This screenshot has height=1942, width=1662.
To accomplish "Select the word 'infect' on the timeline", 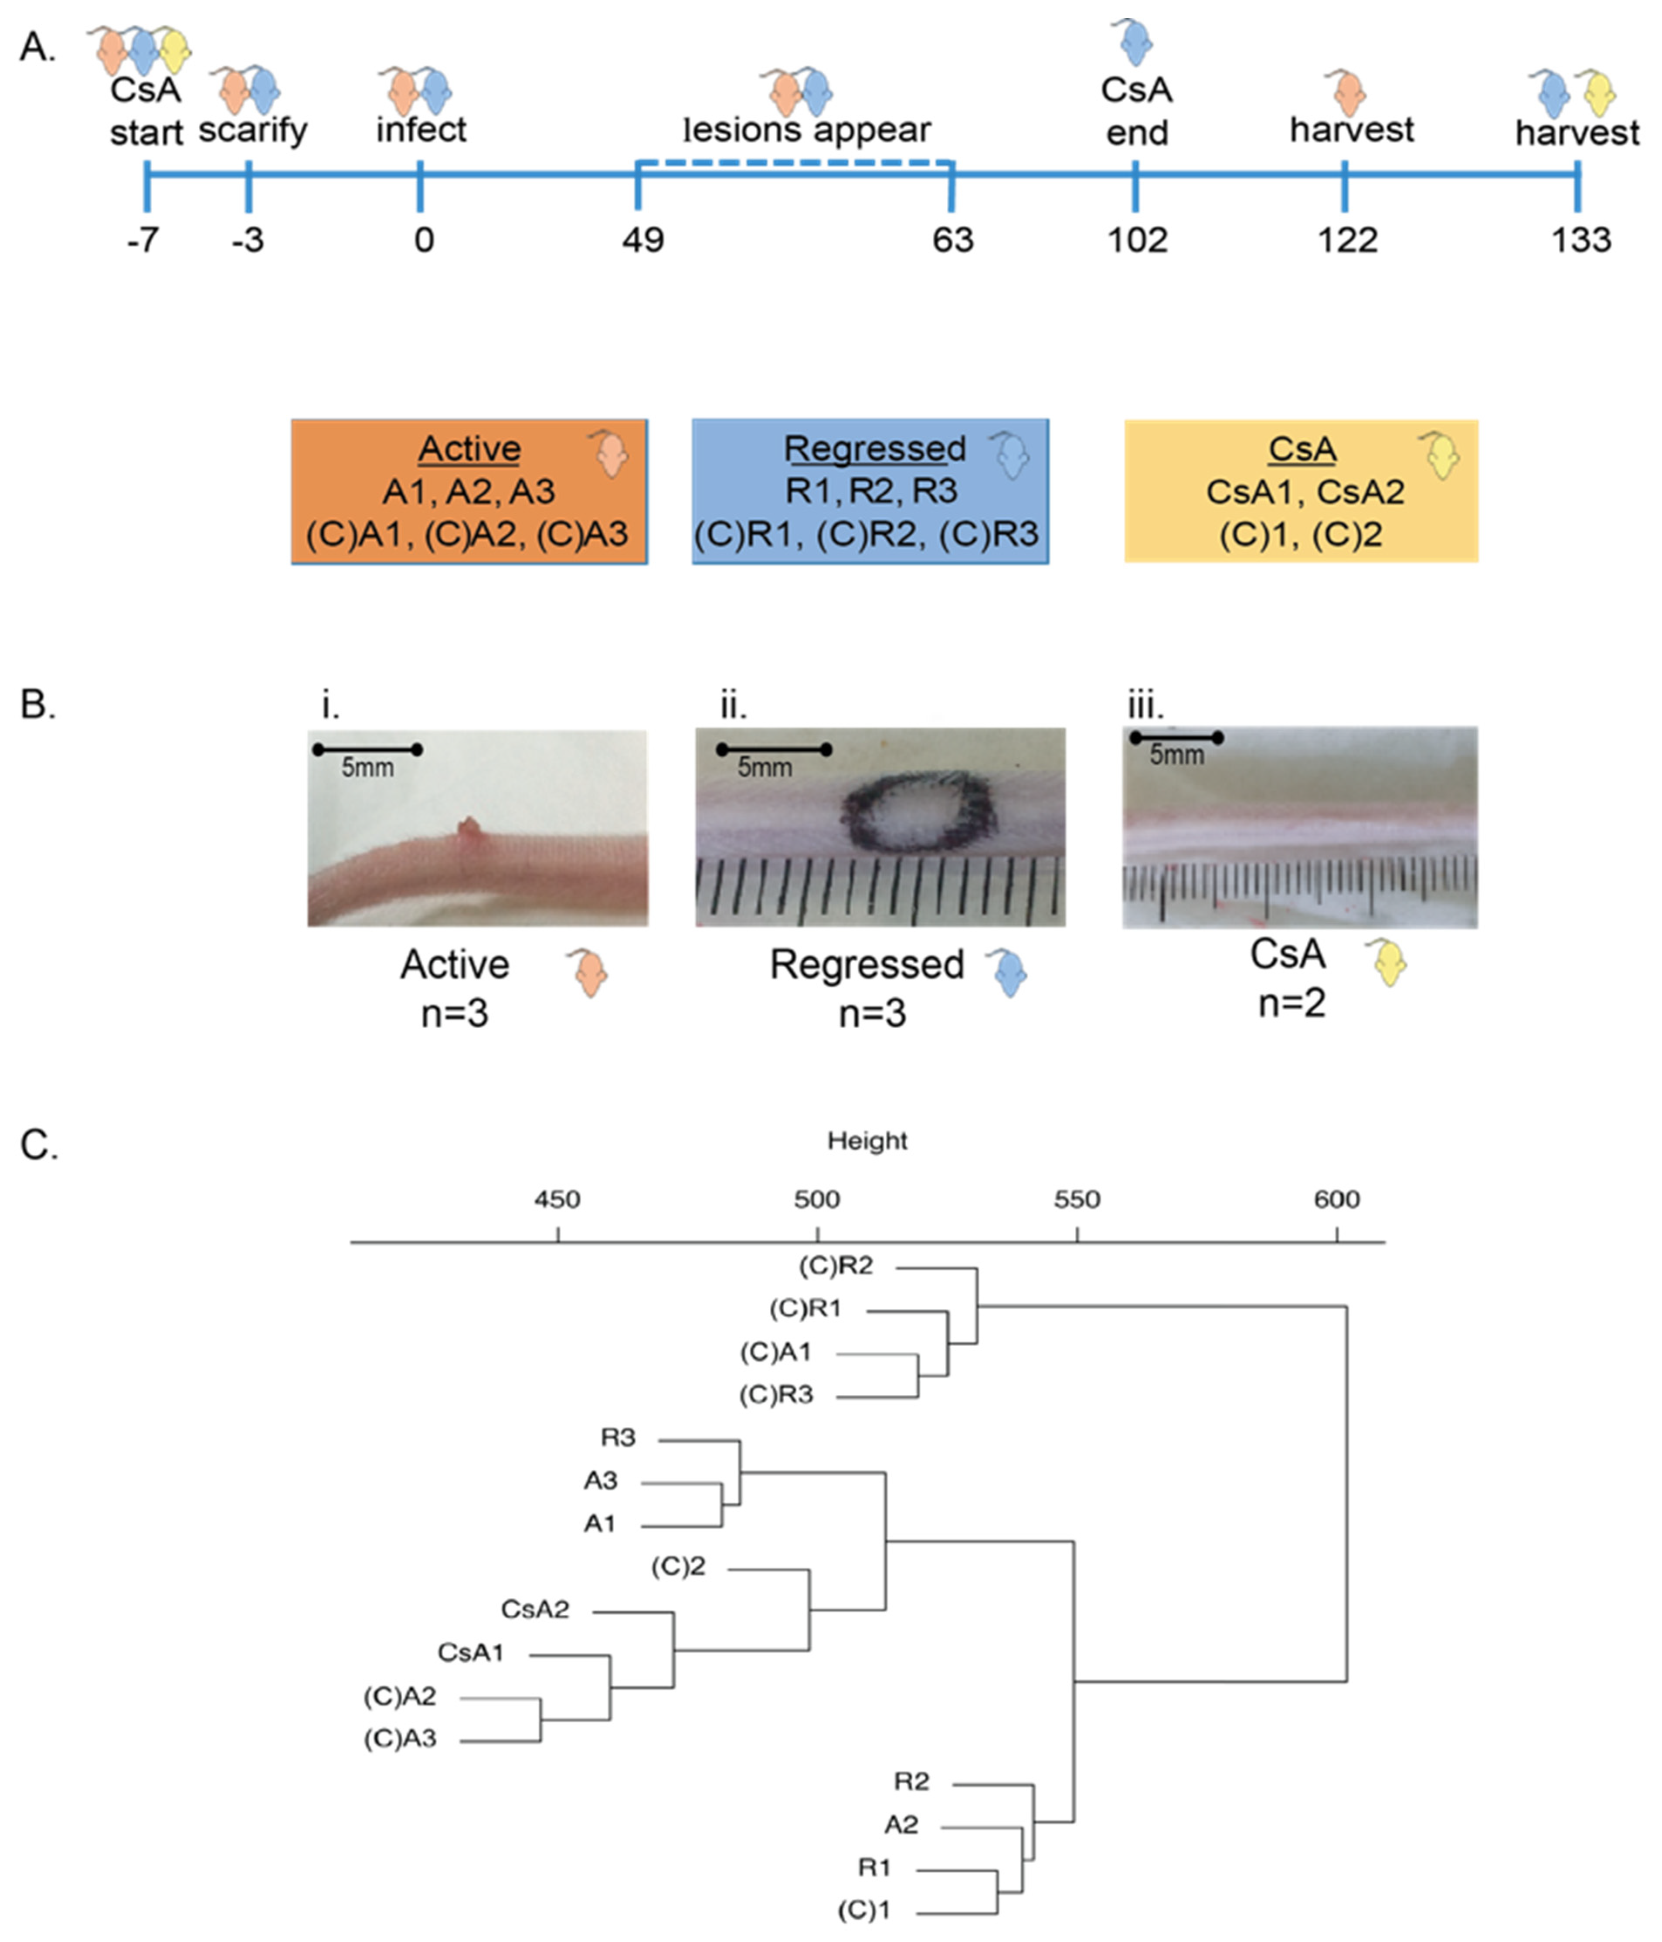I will tap(421, 129).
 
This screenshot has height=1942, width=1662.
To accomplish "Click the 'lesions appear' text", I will tap(807, 129).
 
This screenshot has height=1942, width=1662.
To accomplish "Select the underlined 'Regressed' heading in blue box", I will tap(875, 449).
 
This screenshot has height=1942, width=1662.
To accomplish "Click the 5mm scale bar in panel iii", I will tap(1176, 739).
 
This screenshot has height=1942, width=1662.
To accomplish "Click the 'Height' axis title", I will tap(867, 1141).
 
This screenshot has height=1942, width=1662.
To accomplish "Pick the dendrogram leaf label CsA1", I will tap(471, 1652).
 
